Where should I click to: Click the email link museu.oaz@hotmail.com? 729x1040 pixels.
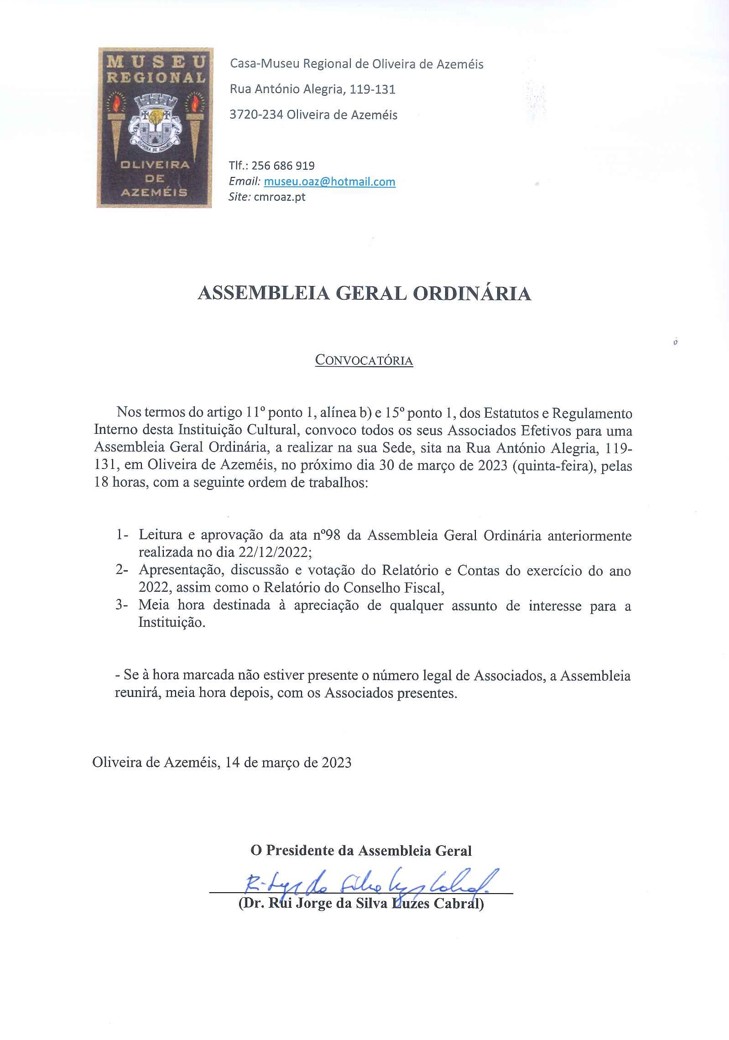[329, 182]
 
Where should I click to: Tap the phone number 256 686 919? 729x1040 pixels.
[283, 166]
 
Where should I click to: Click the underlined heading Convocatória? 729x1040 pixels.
[364, 360]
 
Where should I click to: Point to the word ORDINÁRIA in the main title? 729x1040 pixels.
[472, 293]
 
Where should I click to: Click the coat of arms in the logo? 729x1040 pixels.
[154, 120]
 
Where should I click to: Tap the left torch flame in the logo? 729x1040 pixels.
[115, 103]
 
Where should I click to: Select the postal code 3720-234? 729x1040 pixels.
[256, 114]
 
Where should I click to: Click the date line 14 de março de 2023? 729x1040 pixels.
[288, 762]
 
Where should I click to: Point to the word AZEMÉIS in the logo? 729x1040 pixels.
[154, 192]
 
